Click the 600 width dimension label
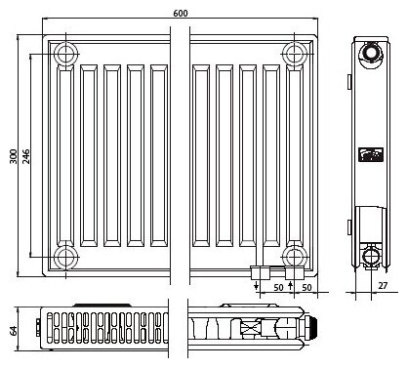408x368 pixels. click(x=181, y=13)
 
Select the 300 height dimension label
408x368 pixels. click(x=13, y=156)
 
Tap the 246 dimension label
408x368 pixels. click(x=25, y=156)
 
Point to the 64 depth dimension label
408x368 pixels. click(x=13, y=331)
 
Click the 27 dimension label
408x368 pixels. click(x=383, y=285)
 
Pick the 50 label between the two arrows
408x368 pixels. click(x=278, y=288)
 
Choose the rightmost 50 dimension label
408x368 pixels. click(x=306, y=288)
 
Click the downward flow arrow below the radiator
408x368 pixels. click(x=257, y=285)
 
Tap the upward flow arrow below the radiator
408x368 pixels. click(x=290, y=286)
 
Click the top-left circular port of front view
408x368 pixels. click(x=66, y=54)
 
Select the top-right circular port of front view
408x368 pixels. click(x=295, y=54)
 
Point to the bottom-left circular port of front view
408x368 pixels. click(x=66, y=257)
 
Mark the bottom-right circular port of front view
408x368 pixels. click(x=295, y=257)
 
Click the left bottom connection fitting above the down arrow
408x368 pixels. click(x=261, y=272)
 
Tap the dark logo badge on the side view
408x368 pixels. click(x=371, y=155)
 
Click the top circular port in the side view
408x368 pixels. click(x=371, y=52)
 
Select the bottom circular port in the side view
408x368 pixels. click(x=371, y=255)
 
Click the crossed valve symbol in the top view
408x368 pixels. click(x=251, y=326)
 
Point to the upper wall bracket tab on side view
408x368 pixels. click(x=348, y=81)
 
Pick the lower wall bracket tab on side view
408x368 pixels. click(x=348, y=226)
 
